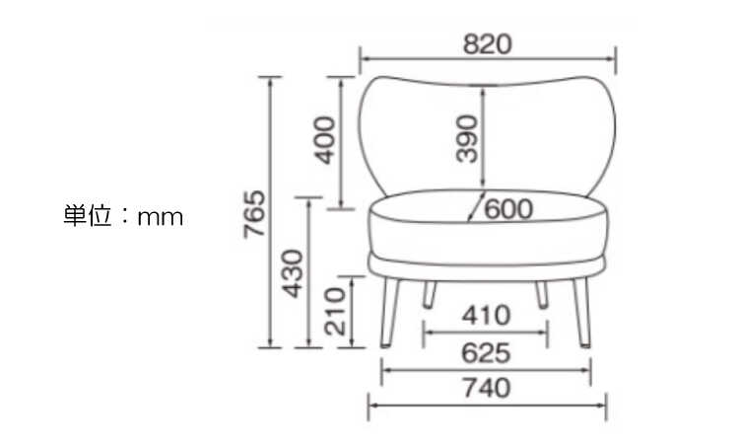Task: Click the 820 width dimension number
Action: [x=487, y=44]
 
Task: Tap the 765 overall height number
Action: [x=254, y=214]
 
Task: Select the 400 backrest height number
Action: [x=325, y=140]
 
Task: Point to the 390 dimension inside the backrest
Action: [x=467, y=139]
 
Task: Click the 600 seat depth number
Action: [x=508, y=209]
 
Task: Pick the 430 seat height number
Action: [x=293, y=273]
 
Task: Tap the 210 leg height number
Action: [x=335, y=311]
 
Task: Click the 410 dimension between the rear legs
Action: [x=486, y=315]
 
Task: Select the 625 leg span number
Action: [x=486, y=353]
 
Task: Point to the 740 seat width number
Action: [x=487, y=388]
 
